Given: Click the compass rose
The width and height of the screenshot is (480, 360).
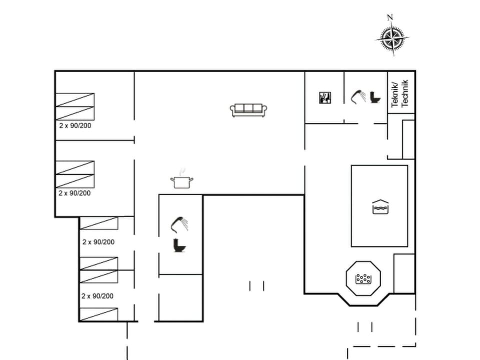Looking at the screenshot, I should pos(392,38).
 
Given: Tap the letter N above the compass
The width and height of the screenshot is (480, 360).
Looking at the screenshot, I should pos(390,17).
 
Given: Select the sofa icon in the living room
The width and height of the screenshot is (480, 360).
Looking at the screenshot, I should pos(249,110).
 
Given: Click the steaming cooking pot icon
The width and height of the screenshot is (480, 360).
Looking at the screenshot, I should pos(181,181).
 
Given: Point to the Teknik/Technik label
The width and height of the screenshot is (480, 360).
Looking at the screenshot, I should pos(400,93).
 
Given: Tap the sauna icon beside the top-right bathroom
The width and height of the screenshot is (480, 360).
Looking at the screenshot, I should pos(324,97).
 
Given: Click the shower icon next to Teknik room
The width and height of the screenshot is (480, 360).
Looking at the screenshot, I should pos(358,96).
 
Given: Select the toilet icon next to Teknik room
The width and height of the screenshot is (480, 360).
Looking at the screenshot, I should pos(374,97).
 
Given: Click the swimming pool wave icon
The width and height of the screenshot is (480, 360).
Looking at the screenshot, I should pos(380,206).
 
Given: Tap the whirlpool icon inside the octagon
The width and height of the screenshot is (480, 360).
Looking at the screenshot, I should pos(363,278).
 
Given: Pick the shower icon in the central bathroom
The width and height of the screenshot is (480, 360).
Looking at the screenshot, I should pos(179,223).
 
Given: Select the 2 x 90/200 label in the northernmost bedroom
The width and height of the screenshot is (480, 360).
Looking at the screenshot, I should pos(75,125).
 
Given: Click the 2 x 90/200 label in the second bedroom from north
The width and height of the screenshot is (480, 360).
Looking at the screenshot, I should pos(75,193).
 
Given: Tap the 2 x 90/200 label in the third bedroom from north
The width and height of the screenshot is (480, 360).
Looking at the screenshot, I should pos(98,242).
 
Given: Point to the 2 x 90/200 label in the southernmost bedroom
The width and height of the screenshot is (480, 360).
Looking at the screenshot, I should pos(97,296).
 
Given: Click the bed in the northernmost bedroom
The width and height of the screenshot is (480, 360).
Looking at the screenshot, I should pos(75,106).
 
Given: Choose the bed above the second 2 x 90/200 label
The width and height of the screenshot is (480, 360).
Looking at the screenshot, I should pos(75,174).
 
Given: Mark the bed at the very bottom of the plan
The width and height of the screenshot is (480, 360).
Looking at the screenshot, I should pos(99,314).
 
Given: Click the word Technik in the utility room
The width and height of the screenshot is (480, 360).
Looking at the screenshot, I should pos(405,93).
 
